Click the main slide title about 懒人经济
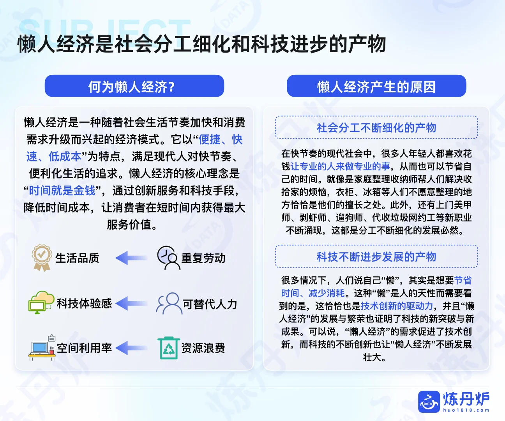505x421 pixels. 202,44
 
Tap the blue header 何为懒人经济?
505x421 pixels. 134,86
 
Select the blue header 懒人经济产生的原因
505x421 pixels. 376,86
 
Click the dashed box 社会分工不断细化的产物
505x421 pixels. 376,127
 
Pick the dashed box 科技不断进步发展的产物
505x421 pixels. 376,256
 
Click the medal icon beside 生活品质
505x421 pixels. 41,258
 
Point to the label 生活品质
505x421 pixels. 77,258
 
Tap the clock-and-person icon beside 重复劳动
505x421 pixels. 168,258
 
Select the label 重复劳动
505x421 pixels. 203,258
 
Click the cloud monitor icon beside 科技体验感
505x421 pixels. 41,302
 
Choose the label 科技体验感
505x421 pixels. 84,303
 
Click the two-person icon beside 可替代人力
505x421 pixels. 168,303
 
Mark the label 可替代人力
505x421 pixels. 210,304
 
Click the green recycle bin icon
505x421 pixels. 169,348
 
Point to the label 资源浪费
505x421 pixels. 203,348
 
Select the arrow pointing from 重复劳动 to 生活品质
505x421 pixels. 131,258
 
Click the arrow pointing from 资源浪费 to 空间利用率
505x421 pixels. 131,348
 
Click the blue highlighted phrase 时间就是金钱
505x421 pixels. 62,191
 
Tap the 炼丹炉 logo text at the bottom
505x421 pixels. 466,399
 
